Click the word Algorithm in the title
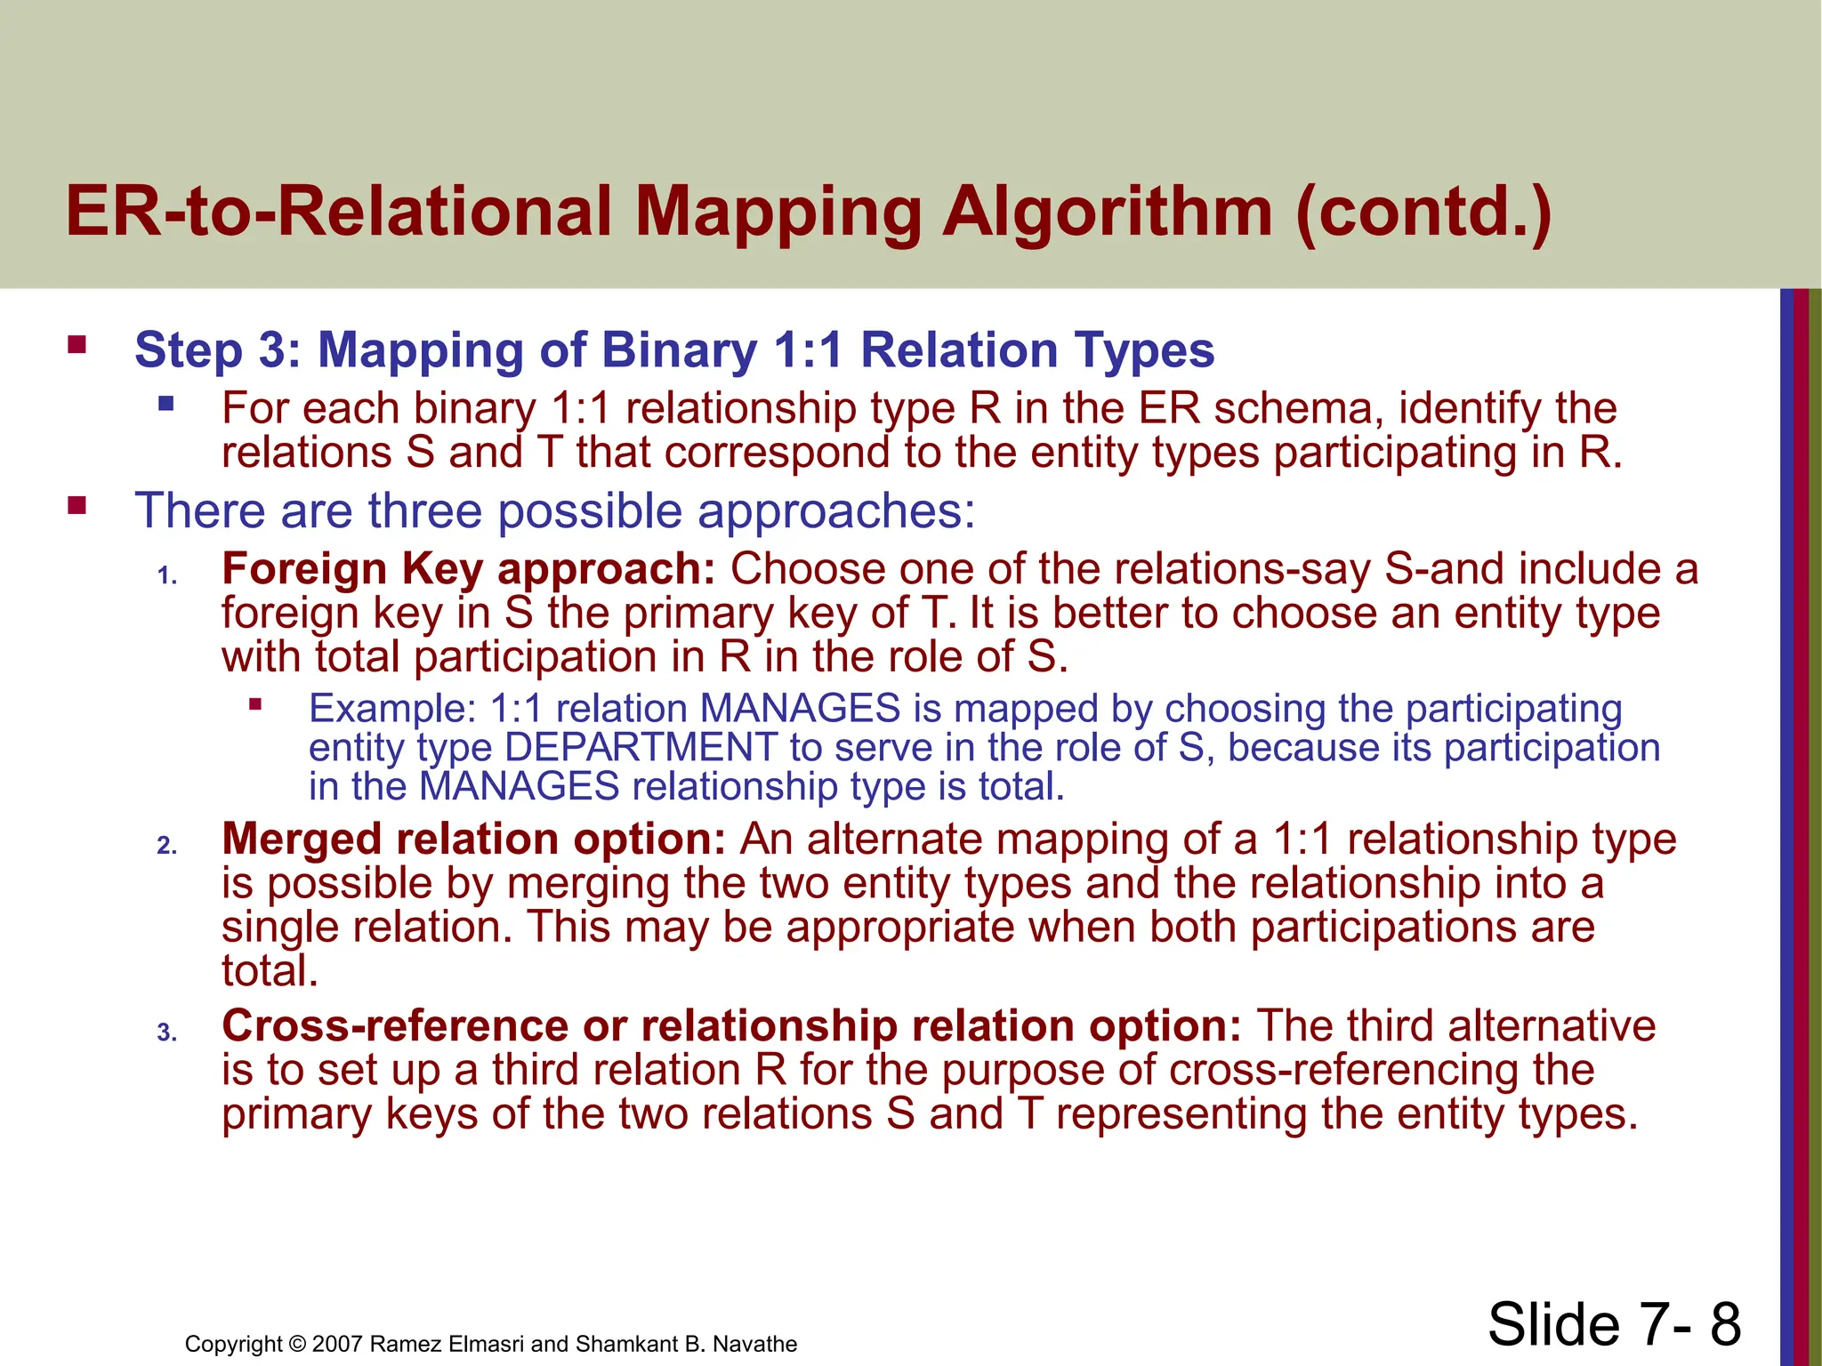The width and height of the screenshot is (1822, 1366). click(1107, 213)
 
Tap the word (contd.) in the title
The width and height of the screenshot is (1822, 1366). click(1423, 213)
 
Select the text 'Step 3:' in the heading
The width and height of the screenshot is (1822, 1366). click(219, 350)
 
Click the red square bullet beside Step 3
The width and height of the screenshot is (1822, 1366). click(77, 344)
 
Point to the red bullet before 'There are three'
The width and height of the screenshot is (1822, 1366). click(77, 506)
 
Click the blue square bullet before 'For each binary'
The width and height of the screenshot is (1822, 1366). click(165, 405)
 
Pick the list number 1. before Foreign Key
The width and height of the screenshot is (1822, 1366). click(167, 576)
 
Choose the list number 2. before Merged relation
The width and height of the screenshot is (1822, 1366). click(167, 846)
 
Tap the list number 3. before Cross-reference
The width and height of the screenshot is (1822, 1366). click(167, 1033)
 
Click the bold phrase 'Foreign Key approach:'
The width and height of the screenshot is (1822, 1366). click(468, 568)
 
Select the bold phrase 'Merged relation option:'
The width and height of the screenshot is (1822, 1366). click(473, 839)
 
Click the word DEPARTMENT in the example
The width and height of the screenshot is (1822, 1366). click(641, 747)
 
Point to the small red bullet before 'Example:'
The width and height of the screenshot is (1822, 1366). click(255, 705)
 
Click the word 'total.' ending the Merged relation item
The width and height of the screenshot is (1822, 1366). click(270, 970)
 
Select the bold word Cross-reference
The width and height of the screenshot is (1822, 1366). click(394, 1025)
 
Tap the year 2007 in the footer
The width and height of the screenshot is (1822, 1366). click(337, 1344)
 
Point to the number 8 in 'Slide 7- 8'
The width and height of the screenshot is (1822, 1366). click(1724, 1324)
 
